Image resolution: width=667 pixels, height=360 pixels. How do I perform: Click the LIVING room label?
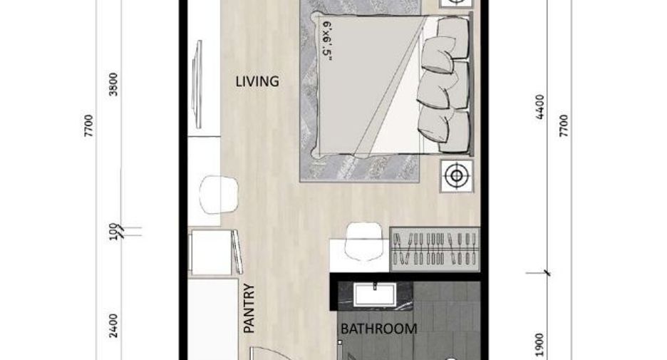click(x=257, y=81)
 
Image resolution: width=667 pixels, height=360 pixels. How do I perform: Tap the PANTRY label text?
click(x=249, y=309)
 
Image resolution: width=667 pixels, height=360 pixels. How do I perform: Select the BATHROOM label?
click(x=378, y=329)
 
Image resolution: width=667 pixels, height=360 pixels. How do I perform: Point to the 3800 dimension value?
click(x=113, y=84)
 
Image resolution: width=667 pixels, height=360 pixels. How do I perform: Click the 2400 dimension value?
click(x=113, y=326)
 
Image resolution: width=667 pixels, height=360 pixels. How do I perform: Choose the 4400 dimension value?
click(x=540, y=107)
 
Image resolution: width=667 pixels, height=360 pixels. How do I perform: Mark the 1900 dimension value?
click(x=540, y=345)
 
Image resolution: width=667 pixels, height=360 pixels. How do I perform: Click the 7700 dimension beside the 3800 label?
click(x=88, y=126)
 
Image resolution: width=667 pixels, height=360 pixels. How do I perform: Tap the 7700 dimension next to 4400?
click(x=564, y=126)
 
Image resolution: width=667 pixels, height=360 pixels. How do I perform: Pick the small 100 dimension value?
click(x=113, y=232)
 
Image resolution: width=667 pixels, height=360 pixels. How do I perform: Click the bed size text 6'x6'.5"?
click(x=327, y=41)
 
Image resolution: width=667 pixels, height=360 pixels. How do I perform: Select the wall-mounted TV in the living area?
click(x=197, y=84)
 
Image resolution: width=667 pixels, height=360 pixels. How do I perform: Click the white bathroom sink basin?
click(x=375, y=294)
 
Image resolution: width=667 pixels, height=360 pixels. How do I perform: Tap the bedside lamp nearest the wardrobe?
click(x=457, y=175)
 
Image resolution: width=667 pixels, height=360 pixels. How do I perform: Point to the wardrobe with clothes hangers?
click(x=435, y=250)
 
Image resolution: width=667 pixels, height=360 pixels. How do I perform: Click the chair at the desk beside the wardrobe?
click(x=363, y=241)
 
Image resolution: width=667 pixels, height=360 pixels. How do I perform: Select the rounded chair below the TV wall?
click(x=219, y=195)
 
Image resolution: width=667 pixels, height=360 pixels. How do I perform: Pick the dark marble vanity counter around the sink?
click(x=375, y=296)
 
